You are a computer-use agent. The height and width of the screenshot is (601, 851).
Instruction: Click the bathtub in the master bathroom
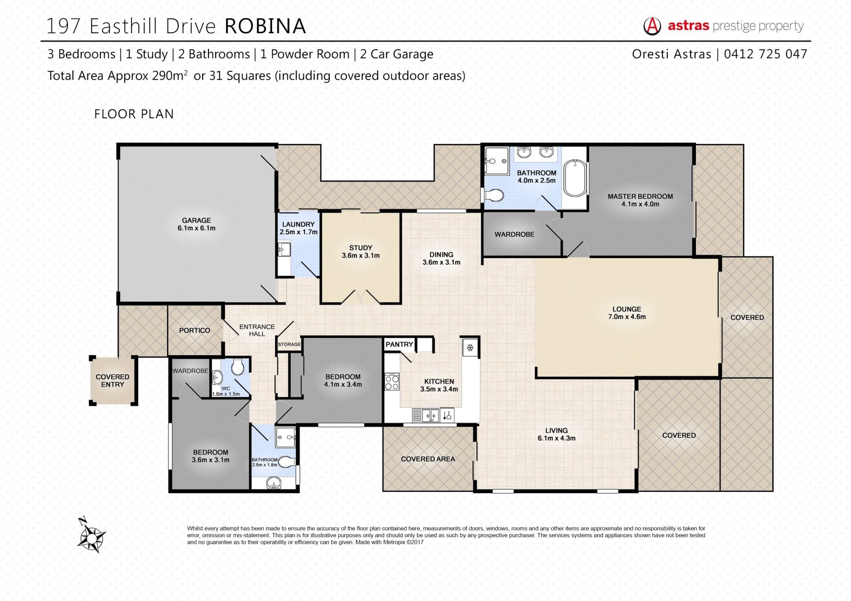575,178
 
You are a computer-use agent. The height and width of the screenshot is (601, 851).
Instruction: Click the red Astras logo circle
652,26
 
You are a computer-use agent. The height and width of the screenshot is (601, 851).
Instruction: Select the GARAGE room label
196,221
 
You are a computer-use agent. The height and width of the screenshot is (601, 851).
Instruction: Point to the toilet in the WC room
238,366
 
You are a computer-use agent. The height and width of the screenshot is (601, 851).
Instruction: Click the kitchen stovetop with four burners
392,382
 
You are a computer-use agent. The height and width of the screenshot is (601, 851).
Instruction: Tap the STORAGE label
289,344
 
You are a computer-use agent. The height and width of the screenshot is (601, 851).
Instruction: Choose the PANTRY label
399,344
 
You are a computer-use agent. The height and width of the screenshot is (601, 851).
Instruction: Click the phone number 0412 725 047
765,54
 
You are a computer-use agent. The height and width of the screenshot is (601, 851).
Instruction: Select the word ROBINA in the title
265,26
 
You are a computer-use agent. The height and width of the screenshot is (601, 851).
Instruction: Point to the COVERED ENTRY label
113,380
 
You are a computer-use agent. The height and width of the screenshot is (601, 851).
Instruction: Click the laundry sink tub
284,250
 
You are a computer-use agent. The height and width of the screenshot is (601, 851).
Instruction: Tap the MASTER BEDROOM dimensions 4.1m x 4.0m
640,204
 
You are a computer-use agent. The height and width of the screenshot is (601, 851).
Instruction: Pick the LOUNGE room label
627,309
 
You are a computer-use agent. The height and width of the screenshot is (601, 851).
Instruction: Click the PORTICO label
195,330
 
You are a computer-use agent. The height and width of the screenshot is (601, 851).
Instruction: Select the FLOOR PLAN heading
134,114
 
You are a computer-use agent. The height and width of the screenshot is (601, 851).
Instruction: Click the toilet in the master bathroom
494,194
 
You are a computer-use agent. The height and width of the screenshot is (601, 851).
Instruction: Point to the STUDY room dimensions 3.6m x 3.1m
361,256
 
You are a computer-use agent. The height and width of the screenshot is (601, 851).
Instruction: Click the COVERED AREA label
428,459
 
